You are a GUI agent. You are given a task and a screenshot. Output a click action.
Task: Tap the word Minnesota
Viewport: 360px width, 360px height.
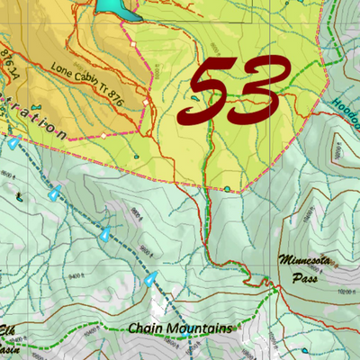click(x=306, y=261)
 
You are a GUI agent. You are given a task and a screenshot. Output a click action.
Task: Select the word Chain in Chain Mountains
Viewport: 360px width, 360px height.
click(x=147, y=328)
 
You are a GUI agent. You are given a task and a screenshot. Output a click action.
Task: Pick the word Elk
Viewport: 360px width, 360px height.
click(x=7, y=328)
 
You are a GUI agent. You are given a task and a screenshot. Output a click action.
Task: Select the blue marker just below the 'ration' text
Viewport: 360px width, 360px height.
click(x=13, y=142)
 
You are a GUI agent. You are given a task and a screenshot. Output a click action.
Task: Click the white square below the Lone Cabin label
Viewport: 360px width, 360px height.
click(x=104, y=136)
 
